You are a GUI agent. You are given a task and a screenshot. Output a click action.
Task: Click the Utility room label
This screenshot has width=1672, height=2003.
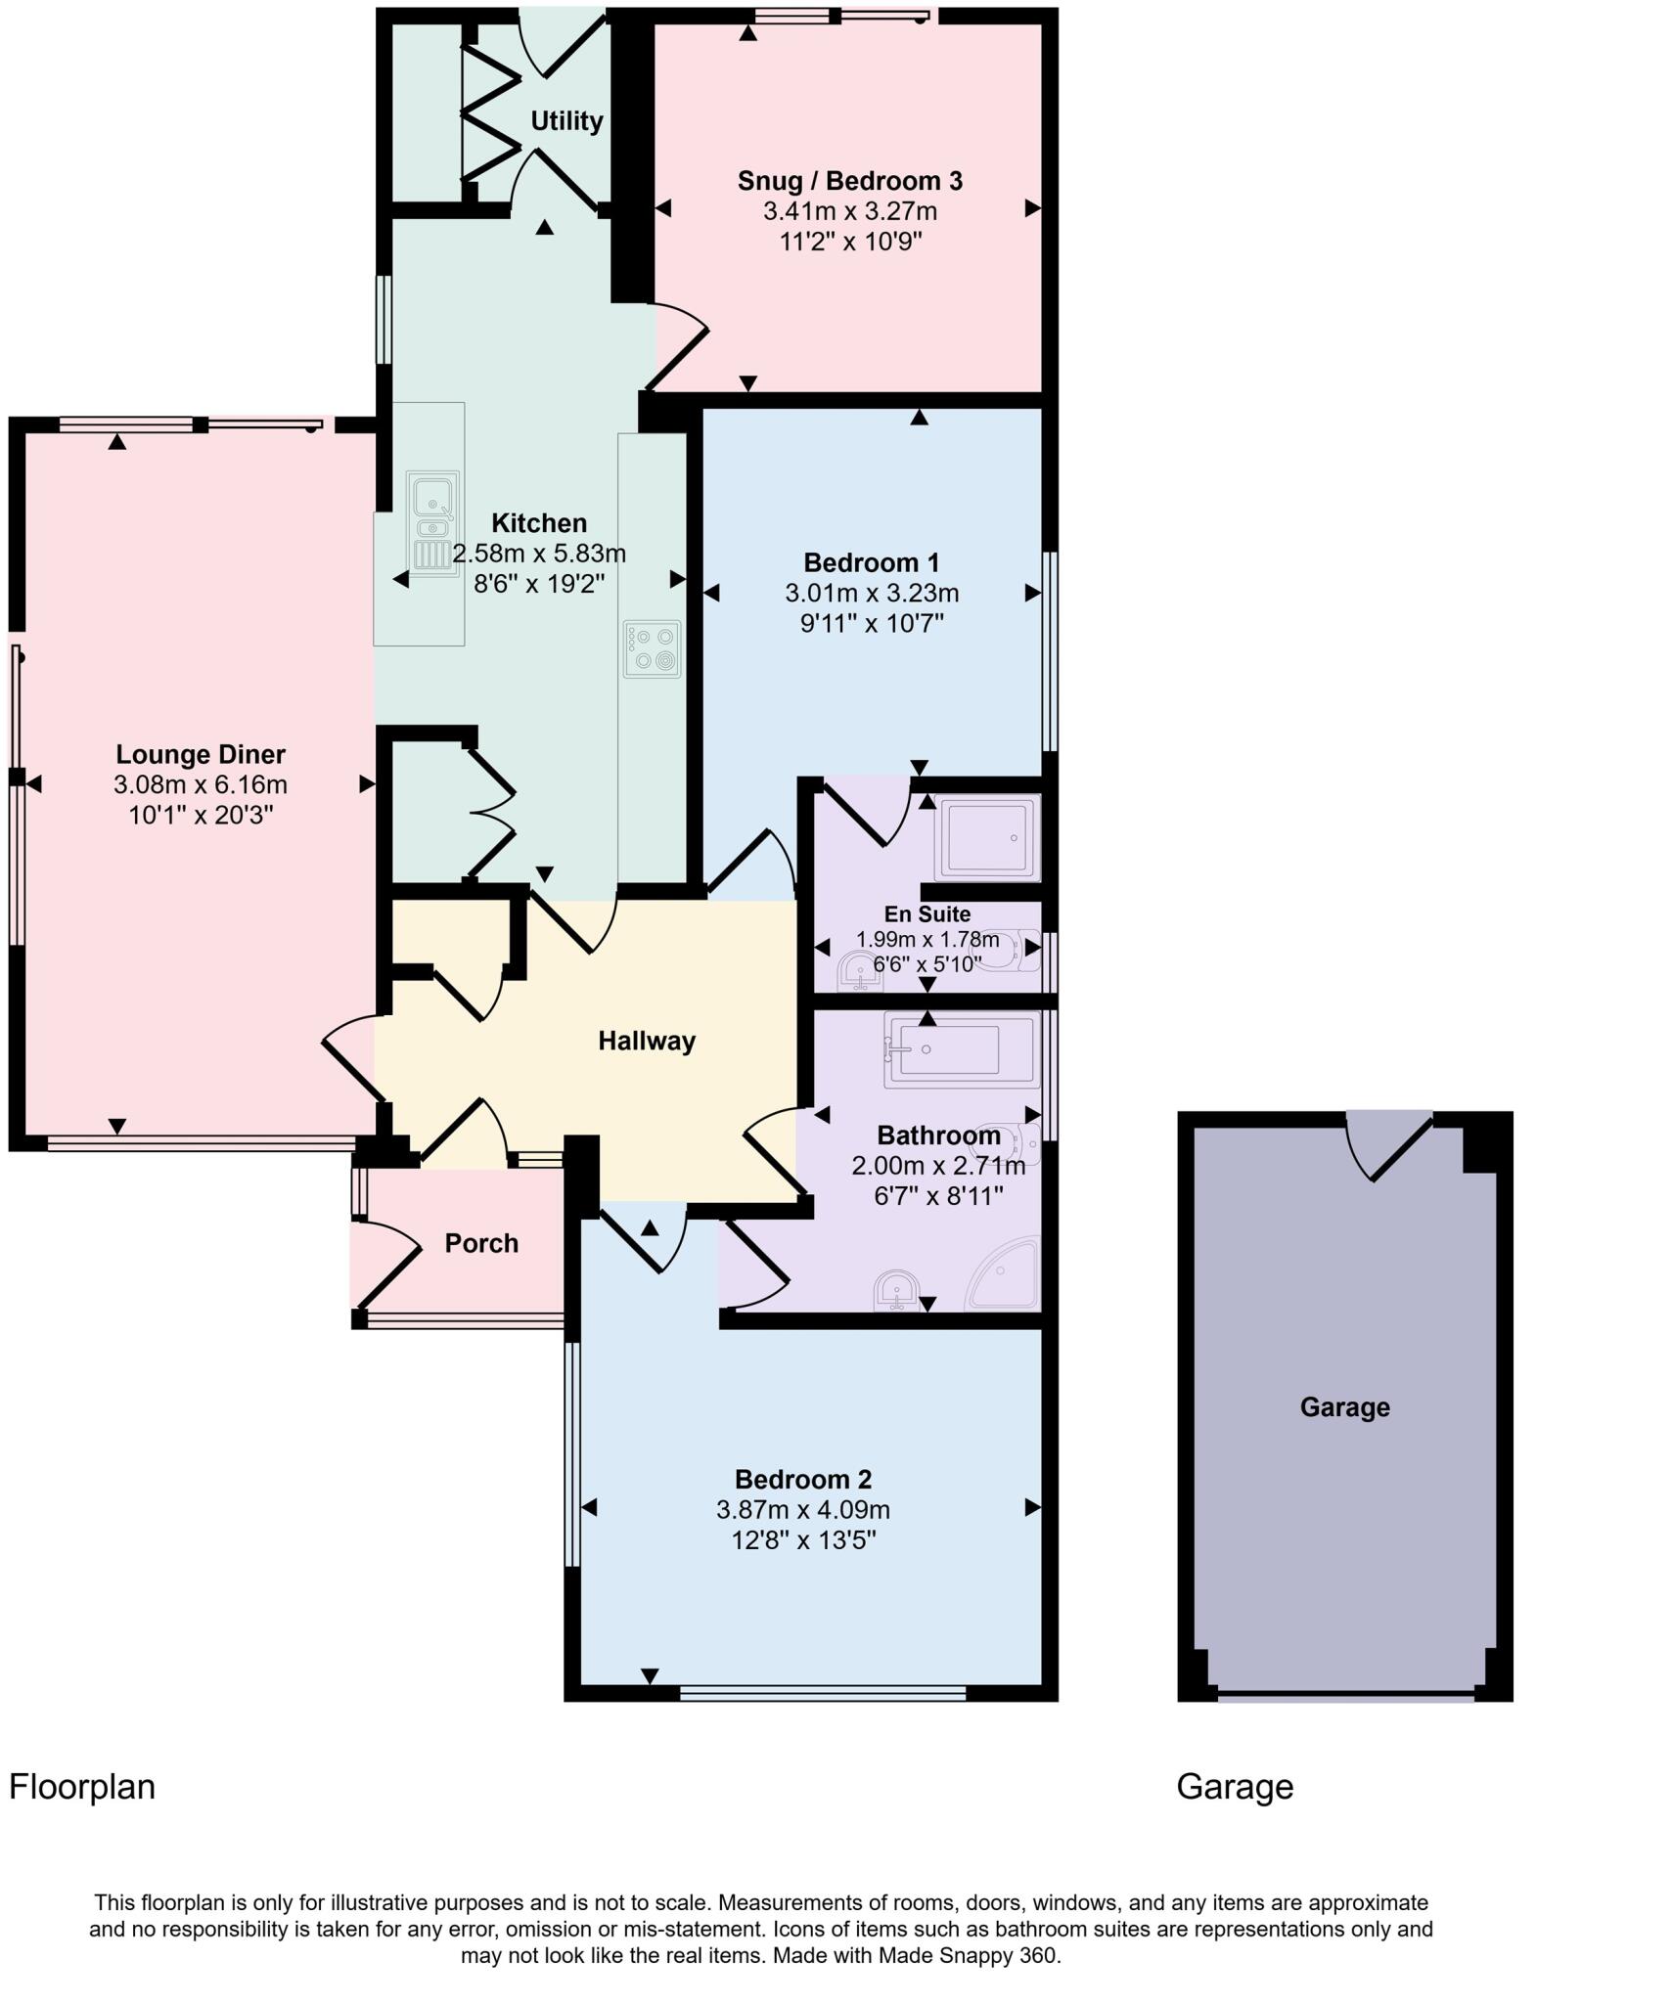(x=565, y=121)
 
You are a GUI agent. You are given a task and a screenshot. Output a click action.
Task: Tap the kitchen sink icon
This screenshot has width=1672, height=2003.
(x=432, y=523)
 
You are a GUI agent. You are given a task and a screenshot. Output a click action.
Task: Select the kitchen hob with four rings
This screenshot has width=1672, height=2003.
(x=652, y=648)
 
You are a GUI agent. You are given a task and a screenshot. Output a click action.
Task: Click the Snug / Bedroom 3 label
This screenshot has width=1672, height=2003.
(x=849, y=181)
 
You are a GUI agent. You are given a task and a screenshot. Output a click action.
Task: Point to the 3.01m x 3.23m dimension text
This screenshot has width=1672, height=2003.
(x=871, y=594)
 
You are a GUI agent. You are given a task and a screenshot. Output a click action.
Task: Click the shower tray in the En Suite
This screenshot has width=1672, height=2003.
(x=986, y=837)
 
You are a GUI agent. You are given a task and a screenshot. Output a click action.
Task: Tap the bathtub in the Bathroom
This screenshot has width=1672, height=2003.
(x=962, y=1050)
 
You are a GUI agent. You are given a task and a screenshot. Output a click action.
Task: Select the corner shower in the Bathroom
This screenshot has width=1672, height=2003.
(x=1006, y=1273)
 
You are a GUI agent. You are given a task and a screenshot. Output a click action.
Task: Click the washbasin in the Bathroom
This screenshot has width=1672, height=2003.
(x=896, y=1289)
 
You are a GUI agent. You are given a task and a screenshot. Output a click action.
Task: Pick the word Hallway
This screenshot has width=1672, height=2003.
(x=646, y=1041)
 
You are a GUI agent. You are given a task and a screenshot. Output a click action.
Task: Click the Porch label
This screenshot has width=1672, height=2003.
(x=480, y=1243)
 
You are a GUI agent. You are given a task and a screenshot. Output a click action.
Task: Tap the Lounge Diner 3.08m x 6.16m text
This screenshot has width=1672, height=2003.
(x=200, y=784)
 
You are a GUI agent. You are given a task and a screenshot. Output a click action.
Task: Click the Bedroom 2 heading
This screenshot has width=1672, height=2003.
(x=802, y=1479)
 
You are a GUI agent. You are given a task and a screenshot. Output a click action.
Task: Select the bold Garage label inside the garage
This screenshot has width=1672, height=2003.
(x=1344, y=1407)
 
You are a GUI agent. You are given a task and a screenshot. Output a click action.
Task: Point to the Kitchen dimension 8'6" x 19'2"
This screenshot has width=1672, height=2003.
(x=539, y=585)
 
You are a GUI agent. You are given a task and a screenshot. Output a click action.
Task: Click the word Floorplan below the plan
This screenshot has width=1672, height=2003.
(x=82, y=1786)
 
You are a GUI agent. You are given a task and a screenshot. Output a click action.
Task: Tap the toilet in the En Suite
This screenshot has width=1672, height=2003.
(x=1006, y=948)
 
